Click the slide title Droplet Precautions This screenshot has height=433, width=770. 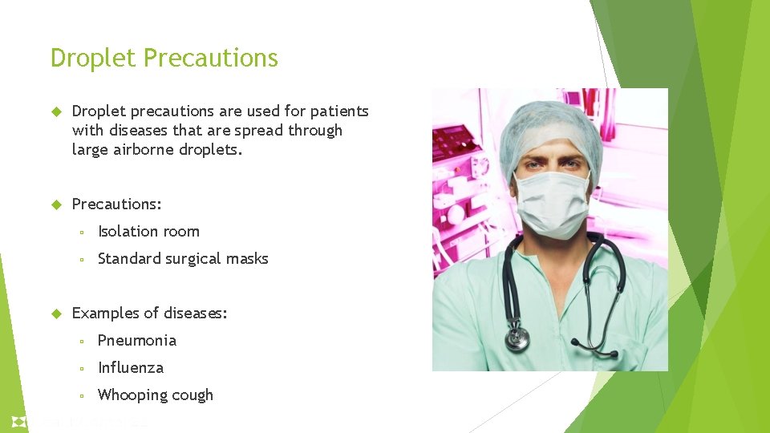(x=164, y=59)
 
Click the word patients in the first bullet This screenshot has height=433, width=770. (x=338, y=111)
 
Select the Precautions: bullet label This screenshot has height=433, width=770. (x=116, y=204)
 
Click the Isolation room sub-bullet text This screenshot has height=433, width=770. (x=148, y=232)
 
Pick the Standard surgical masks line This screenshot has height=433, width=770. (x=183, y=259)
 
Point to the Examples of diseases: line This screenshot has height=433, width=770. (x=149, y=314)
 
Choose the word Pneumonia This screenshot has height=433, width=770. (x=136, y=341)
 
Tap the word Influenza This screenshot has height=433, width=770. (x=130, y=368)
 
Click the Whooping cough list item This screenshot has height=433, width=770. (x=155, y=395)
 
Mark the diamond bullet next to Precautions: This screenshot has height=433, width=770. (x=56, y=204)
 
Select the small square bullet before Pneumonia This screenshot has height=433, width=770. (x=82, y=342)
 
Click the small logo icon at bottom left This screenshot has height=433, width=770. (x=18, y=422)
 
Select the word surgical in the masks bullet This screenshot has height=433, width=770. (x=191, y=259)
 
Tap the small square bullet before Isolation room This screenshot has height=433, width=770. (x=82, y=233)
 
